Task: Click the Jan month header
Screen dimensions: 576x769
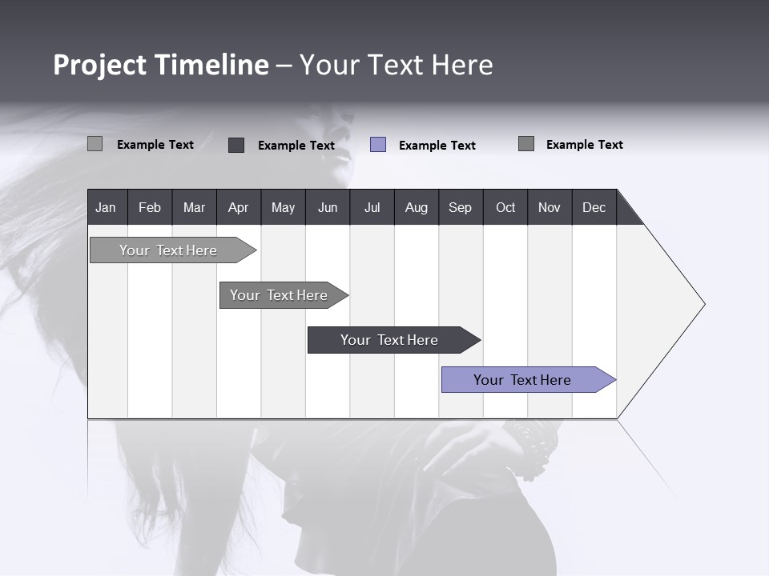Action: pyautogui.click(x=107, y=207)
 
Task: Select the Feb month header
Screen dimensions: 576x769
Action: pyautogui.click(x=150, y=207)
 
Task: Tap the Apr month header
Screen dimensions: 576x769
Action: pyautogui.click(x=238, y=207)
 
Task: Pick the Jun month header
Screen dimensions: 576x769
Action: pyautogui.click(x=327, y=207)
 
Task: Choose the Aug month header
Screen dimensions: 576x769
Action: pyautogui.click(x=416, y=207)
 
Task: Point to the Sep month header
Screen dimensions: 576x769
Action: pyautogui.click(x=460, y=207)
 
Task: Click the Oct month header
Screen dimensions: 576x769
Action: pyautogui.click(x=505, y=207)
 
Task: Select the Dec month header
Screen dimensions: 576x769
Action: pyautogui.click(x=594, y=207)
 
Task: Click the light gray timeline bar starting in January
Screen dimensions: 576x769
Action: pyautogui.click(x=168, y=250)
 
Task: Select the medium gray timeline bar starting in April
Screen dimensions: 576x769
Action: pyautogui.click(x=279, y=295)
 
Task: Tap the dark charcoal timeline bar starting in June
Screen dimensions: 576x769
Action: pyautogui.click(x=389, y=340)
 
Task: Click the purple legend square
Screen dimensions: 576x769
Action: pyautogui.click(x=378, y=145)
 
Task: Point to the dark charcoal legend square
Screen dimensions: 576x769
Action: pyautogui.click(x=236, y=145)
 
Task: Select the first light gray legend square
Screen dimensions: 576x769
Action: pyautogui.click(x=95, y=144)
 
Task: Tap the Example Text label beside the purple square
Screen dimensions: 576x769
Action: pyautogui.click(x=437, y=146)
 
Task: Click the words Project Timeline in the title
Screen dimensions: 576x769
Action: pyautogui.click(x=160, y=65)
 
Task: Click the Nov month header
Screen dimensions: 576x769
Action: pyautogui.click(x=549, y=207)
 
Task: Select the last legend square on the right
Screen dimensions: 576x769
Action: pyautogui.click(x=526, y=144)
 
